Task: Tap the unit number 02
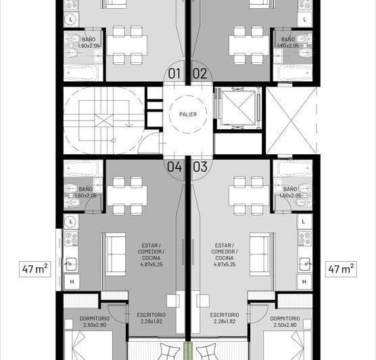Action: (x=199, y=74)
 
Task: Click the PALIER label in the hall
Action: (x=188, y=114)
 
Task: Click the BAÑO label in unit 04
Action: (x=86, y=189)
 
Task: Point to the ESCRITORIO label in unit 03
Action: (x=223, y=315)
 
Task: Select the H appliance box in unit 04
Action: (x=72, y=281)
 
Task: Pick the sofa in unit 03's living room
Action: (x=259, y=254)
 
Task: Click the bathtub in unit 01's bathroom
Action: (x=83, y=72)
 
